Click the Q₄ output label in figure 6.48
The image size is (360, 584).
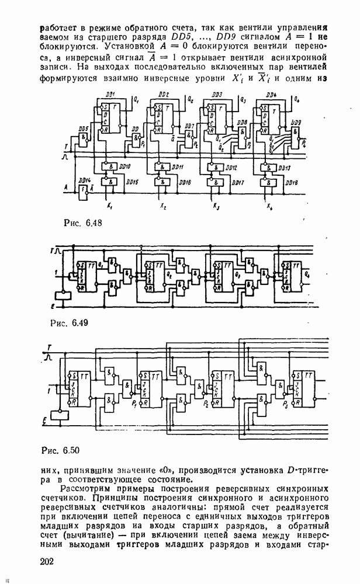pyautogui.click(x=299, y=99)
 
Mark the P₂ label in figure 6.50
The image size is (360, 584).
pyautogui.click(x=206, y=404)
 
